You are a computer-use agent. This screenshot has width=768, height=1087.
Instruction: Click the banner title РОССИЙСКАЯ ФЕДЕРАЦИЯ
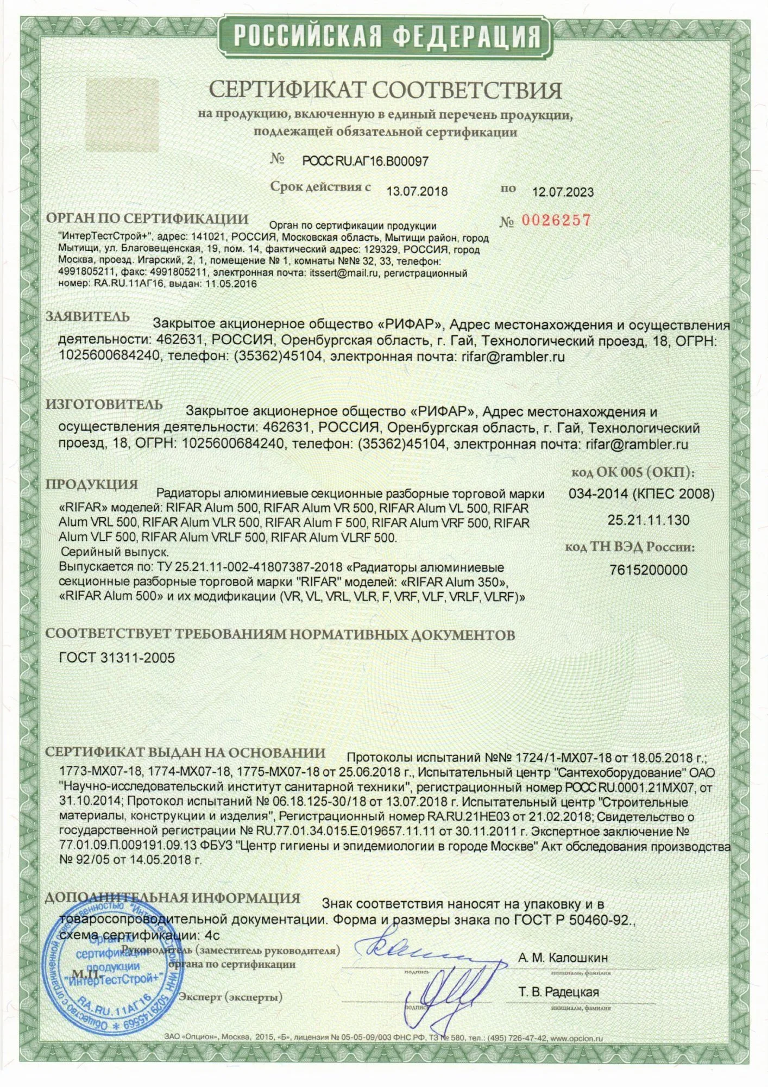coord(387,37)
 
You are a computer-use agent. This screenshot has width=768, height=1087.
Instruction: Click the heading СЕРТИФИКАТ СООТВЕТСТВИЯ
coord(385,90)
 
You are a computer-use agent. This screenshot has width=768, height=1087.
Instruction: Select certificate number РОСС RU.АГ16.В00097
coord(365,161)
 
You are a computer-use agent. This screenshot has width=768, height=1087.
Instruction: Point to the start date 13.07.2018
coord(417,191)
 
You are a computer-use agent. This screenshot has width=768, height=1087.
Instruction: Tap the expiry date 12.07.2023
coord(562,192)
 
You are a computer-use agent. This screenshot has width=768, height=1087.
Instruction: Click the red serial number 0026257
coord(556,220)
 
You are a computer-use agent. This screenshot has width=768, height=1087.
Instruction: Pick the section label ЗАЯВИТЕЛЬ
coord(87,316)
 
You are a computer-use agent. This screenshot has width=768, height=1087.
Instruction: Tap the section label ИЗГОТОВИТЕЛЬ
coord(104,404)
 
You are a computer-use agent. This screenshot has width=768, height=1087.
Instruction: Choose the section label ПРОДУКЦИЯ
coord(91,484)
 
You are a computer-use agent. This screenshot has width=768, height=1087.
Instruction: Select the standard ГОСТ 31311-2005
coord(117,658)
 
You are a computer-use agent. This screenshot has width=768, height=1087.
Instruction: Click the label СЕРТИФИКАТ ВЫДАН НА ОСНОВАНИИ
coord(185,753)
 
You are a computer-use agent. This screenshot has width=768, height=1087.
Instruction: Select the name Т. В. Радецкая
coord(559,992)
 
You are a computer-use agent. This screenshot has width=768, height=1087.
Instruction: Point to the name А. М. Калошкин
coord(563,957)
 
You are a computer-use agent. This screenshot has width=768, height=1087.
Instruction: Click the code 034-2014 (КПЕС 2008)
coord(641,494)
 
